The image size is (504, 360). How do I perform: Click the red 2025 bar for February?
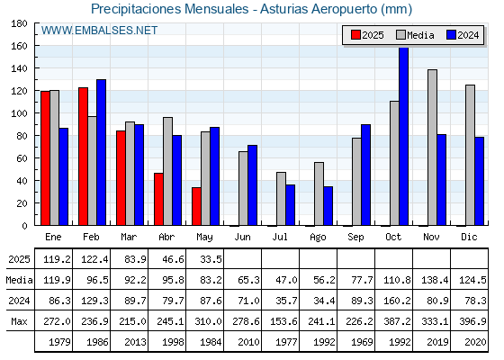point(83,157)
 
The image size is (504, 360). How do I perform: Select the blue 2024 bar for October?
point(404,136)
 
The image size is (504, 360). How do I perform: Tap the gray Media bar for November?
point(432,148)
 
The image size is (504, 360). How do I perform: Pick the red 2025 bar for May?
point(197,206)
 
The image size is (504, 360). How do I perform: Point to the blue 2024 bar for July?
point(290,205)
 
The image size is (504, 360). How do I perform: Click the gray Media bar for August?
point(319,193)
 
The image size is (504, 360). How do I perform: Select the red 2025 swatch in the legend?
point(355,35)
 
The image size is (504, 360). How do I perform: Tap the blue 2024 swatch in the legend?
point(451,35)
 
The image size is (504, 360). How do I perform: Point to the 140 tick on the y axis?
point(19,68)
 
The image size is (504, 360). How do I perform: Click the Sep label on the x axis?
point(355,238)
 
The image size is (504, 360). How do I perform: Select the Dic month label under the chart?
point(469,237)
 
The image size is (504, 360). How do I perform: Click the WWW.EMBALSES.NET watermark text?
point(99,31)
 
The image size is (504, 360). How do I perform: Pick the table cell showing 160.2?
point(397,301)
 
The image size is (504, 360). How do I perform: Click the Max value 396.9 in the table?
point(472,321)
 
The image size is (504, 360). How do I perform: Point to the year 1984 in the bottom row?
point(211,342)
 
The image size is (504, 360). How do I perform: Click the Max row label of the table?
point(19,321)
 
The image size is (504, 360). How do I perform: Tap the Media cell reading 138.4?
point(435,280)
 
